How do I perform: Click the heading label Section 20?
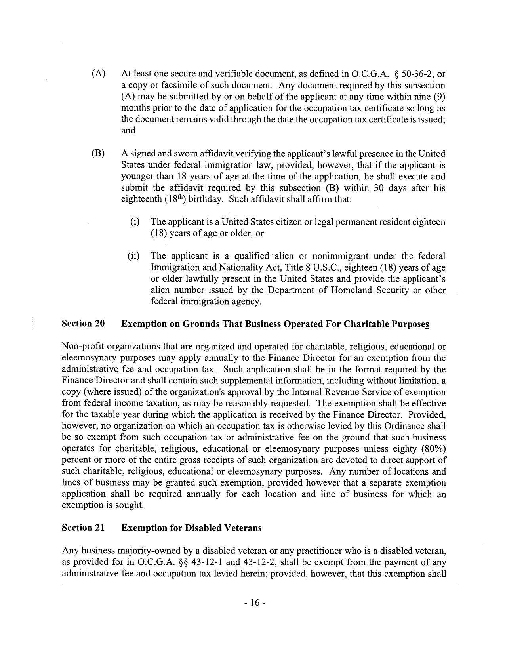(83, 324)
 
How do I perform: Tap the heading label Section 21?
(83, 528)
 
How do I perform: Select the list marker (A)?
(98, 74)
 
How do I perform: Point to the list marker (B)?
(98, 154)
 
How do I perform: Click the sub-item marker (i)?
(135, 222)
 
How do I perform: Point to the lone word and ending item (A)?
(128, 131)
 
